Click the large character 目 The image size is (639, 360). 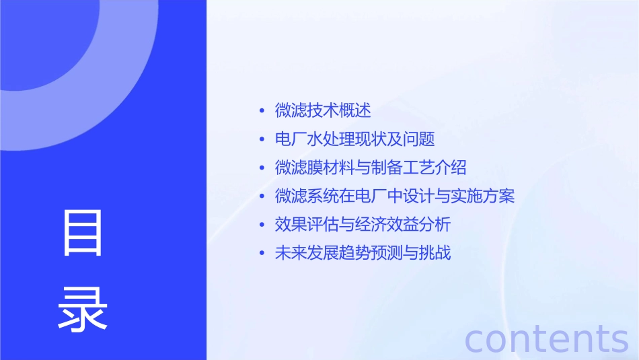click(x=83, y=233)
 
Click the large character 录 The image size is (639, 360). click(x=83, y=308)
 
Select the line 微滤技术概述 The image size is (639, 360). click(x=323, y=110)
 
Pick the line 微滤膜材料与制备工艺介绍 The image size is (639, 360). click(x=371, y=168)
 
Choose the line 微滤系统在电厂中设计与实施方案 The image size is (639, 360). click(x=395, y=196)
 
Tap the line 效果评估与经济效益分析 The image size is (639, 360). click(x=363, y=225)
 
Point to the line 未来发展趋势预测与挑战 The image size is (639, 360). click(x=363, y=254)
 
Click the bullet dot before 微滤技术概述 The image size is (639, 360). click(x=262, y=111)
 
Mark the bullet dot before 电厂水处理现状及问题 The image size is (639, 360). click(x=262, y=140)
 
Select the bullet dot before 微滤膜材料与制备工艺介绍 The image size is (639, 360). click(x=262, y=168)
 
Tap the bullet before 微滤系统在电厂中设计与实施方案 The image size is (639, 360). click(x=262, y=197)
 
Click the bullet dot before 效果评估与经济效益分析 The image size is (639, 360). click(x=262, y=225)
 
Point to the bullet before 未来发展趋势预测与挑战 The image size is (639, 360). click(x=262, y=254)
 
